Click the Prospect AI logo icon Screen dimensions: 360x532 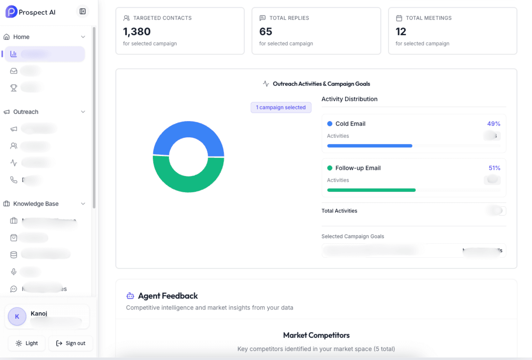pyautogui.click(x=11, y=12)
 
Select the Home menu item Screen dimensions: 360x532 pyautogui.click(x=21, y=37)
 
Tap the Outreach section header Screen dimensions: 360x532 pyautogui.click(x=26, y=112)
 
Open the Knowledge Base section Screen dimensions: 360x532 pyautogui.click(x=36, y=204)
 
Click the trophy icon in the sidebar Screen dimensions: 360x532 pyautogui.click(x=13, y=88)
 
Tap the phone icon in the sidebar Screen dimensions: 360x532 pyautogui.click(x=13, y=180)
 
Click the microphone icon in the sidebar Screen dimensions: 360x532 pyautogui.click(x=13, y=272)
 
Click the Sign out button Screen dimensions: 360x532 pyautogui.click(x=71, y=343)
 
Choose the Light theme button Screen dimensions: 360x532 pyautogui.click(x=27, y=343)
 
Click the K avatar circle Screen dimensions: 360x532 pyautogui.click(x=17, y=316)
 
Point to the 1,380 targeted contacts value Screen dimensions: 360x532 pyautogui.click(x=137, y=32)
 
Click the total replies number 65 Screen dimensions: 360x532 pyautogui.click(x=266, y=32)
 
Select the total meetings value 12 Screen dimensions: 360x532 pyautogui.click(x=401, y=32)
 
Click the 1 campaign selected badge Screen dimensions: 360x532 pyautogui.click(x=281, y=107)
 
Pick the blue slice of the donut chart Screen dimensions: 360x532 pyautogui.click(x=189, y=130)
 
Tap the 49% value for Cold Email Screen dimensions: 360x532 pyautogui.click(x=493, y=124)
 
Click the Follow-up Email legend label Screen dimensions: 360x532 pyautogui.click(x=358, y=168)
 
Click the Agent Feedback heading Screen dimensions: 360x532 pyautogui.click(x=168, y=296)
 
